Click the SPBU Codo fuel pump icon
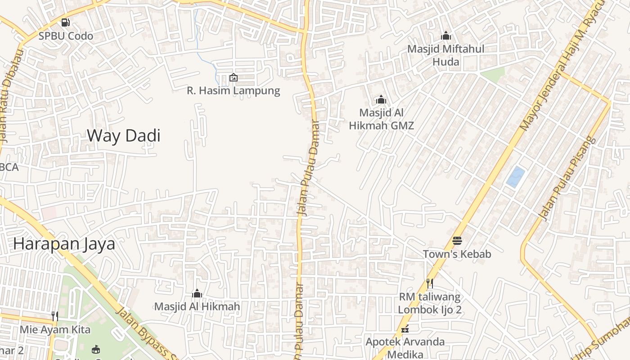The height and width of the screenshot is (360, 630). tap(66, 22)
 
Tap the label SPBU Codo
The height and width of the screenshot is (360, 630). tap(66, 36)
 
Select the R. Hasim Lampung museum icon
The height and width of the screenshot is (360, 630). tap(234, 77)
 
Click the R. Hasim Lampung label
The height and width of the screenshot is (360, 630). tap(234, 90)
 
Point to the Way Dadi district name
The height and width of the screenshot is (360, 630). tap(123, 135)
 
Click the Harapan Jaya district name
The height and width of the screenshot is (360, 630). tap(64, 243)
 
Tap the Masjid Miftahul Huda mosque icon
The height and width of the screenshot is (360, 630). tap(446, 36)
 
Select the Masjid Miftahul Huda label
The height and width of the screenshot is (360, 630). tap(446, 55)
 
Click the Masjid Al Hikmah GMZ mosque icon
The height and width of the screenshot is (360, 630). tap(381, 99)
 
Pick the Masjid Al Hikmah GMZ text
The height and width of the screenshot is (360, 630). tap(381, 119)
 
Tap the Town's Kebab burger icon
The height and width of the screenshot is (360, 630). tap(457, 241)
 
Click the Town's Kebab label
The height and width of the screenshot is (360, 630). tap(457, 254)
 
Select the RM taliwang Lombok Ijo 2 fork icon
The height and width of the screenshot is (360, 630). tap(430, 283)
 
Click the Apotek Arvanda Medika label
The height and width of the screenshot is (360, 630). tap(405, 348)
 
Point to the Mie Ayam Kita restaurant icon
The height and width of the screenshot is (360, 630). tap(55, 316)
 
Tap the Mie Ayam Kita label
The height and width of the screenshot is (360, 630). tap(55, 329)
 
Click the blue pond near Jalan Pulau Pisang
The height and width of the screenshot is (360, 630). tap(516, 177)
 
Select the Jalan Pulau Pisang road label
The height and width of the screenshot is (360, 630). tap(567, 179)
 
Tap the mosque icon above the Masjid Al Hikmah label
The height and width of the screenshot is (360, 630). tap(197, 294)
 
